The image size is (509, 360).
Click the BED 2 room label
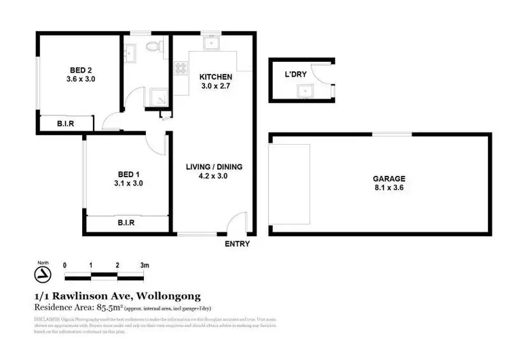point(80,69)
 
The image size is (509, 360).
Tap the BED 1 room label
point(128,173)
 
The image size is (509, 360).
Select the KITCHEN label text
point(215,77)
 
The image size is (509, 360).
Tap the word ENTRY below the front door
point(237,244)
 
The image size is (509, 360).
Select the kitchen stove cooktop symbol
point(181,69)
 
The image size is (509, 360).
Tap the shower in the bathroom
point(158,99)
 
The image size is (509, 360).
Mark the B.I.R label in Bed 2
point(65,124)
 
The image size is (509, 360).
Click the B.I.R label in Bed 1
point(126,222)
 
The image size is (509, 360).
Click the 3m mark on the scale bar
point(144,265)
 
